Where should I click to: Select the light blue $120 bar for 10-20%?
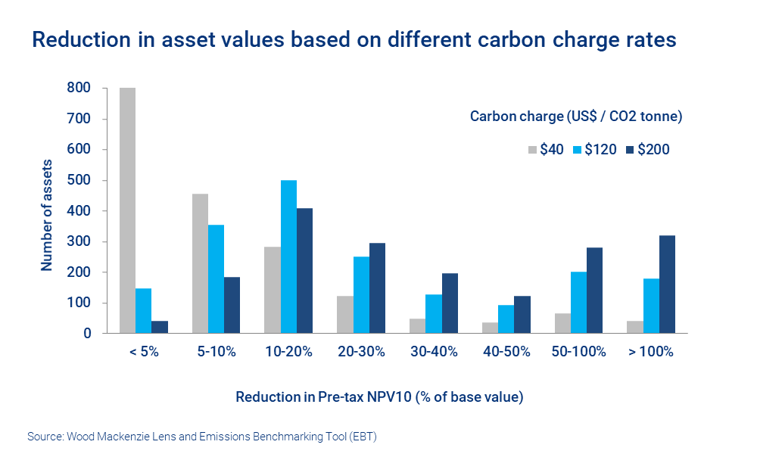[x=288, y=257]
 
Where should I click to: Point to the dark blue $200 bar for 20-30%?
[x=378, y=288]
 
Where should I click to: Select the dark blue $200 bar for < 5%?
[x=159, y=327]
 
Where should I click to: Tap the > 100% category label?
[x=651, y=352]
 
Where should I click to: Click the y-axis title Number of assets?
[x=47, y=215]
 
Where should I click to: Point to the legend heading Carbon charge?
[x=576, y=117]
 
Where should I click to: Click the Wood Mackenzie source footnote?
[x=201, y=437]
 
